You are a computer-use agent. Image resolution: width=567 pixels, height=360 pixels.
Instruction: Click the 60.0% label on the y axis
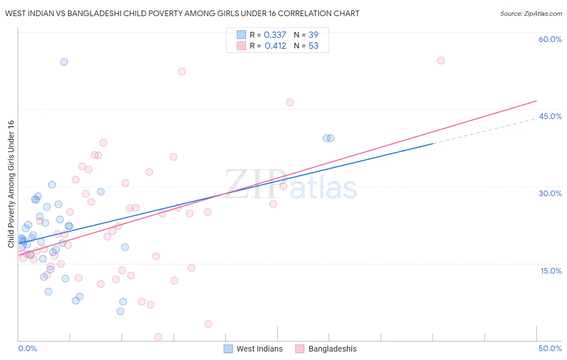[x=550, y=39]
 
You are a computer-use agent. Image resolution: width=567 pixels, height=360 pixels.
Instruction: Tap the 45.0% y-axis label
[x=550, y=116]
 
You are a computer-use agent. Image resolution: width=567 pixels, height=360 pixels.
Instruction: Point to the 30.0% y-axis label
[x=550, y=193]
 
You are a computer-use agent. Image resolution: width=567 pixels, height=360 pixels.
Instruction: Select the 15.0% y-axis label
[x=551, y=271]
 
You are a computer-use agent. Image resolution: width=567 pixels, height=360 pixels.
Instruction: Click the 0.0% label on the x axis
[x=27, y=348]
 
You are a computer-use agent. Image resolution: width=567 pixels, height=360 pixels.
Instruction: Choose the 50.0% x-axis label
[x=550, y=348]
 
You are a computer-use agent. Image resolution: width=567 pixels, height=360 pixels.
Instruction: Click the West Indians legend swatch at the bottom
[x=228, y=349]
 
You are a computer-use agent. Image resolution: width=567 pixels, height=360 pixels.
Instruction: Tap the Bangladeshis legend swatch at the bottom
[x=300, y=349]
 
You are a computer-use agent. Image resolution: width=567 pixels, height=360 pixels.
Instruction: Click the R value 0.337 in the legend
[x=275, y=35]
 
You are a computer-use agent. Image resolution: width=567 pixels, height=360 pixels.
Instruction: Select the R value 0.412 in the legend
[x=275, y=46]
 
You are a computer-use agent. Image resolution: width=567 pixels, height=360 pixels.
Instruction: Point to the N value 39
[x=313, y=35]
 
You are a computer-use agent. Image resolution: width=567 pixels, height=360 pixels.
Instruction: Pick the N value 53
[x=313, y=46]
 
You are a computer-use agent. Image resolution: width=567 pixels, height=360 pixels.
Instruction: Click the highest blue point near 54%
[x=64, y=62]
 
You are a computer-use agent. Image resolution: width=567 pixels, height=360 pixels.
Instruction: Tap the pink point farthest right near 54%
[x=441, y=61]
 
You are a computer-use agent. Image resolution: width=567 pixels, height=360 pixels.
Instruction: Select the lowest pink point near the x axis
[x=158, y=337]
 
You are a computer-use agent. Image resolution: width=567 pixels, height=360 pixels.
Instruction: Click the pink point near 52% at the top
[x=182, y=71]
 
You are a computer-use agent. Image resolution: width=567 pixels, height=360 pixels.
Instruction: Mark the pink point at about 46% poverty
[x=290, y=103]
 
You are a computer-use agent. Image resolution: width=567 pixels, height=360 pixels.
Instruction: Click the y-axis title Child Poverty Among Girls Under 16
[x=11, y=184]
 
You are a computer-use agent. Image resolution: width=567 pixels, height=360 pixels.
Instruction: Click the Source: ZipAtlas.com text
[x=531, y=14]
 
